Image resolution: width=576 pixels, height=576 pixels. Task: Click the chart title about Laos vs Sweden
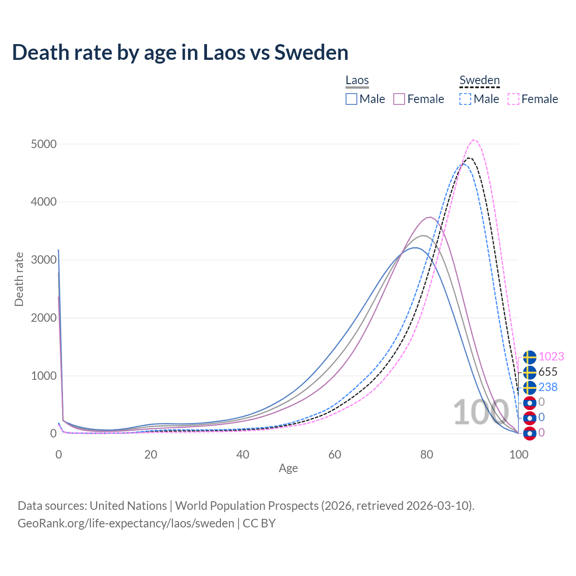(x=180, y=52)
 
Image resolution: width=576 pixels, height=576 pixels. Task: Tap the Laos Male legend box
(x=351, y=99)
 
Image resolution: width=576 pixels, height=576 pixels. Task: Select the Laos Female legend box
(x=399, y=99)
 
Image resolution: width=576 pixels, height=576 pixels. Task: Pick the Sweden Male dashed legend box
(x=465, y=99)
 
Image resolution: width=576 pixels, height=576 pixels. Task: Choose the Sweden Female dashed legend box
(x=513, y=99)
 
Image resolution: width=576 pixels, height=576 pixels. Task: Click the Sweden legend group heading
(x=479, y=81)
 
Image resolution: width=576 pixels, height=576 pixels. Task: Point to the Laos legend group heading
(x=357, y=81)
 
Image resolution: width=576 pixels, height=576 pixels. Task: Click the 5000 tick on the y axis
(x=44, y=144)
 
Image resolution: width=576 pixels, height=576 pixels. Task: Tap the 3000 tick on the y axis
(x=44, y=260)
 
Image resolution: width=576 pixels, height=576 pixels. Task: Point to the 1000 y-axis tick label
(x=44, y=376)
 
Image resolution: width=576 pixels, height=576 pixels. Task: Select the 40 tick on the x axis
(x=243, y=454)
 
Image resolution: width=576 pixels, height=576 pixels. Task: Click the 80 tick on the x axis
(x=427, y=454)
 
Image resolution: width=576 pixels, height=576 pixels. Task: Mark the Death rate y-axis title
(x=19, y=279)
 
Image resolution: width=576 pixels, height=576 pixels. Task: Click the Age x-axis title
(x=288, y=468)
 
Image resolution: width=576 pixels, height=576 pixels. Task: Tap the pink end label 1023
(x=551, y=357)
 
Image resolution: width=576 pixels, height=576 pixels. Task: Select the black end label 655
(x=548, y=372)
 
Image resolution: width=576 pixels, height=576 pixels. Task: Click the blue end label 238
(x=548, y=387)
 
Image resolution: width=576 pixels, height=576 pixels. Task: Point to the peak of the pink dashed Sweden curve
(x=474, y=140)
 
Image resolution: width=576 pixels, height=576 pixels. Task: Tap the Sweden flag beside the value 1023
(x=530, y=357)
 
